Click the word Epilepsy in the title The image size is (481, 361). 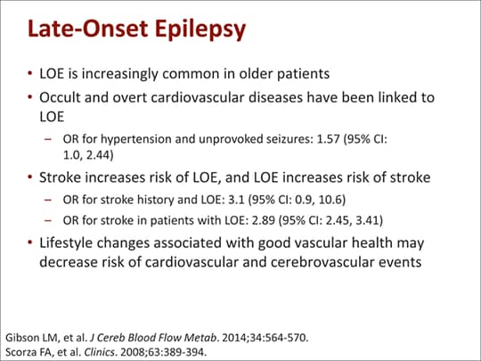click(x=200, y=29)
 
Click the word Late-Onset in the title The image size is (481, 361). click(x=88, y=29)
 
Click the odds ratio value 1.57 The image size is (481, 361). click(x=328, y=139)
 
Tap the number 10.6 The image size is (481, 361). click(x=332, y=201)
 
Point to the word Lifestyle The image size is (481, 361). click(x=66, y=243)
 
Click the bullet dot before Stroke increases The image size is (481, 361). click(x=29, y=177)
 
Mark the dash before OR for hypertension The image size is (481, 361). click(x=48, y=139)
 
